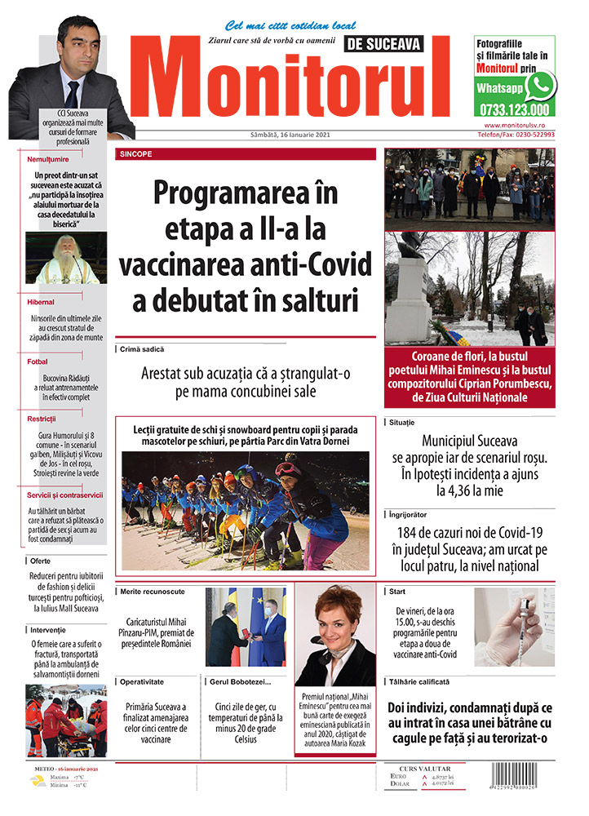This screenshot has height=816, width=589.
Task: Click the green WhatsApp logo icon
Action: (x=539, y=86)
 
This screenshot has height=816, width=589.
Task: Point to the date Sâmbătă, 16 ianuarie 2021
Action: (x=290, y=135)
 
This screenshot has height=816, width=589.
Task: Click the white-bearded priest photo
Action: (x=67, y=258)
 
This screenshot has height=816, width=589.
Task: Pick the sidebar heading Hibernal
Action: (x=41, y=302)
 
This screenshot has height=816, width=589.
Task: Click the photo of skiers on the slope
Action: (x=245, y=510)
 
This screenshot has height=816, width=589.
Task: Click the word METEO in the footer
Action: (x=42, y=769)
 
